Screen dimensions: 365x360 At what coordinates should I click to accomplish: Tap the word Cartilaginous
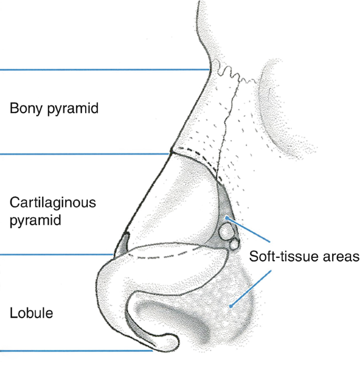point(53,202)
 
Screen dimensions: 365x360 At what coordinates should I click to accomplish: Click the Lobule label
point(32,314)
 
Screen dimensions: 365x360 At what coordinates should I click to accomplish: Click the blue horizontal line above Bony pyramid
point(105,69)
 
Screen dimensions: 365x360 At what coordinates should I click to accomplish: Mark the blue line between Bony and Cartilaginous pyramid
point(84,154)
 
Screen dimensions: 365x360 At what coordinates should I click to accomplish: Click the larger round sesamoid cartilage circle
point(227,231)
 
